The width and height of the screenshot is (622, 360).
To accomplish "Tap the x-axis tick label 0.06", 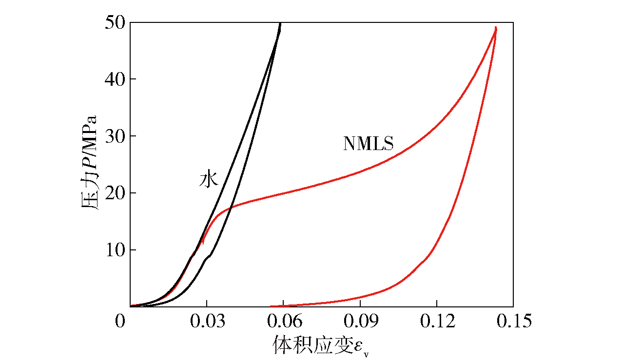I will (283, 322).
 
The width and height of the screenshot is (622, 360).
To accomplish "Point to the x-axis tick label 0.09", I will (360, 322).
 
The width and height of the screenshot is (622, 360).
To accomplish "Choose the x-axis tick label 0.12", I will (437, 322).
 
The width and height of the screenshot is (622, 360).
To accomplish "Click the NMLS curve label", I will (368, 144).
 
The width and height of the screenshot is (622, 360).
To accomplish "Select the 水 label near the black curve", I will (208, 179).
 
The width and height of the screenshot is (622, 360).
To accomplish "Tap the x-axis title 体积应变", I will (308, 345).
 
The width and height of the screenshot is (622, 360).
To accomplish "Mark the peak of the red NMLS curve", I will (496, 28).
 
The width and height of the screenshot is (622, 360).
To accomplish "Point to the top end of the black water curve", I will (280, 23).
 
